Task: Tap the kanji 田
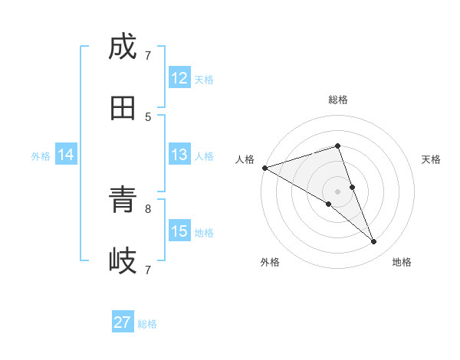coord(123,108)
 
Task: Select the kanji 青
coord(123,201)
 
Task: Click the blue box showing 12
coord(179,78)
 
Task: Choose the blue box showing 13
coord(179,155)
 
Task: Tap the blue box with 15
coord(179,231)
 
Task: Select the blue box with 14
coord(66,155)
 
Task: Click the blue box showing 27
coord(123,322)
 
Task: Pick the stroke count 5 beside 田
coord(148,116)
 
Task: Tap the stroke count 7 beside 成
coord(148,55)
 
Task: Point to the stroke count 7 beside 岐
coord(148,270)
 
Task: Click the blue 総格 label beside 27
coord(147,324)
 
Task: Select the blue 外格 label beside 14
coord(41,156)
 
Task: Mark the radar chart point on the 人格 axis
coord(264,167)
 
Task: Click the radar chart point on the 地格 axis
coord(374,242)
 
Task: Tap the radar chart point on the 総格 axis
coord(337,146)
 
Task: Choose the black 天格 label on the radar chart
coord(431,159)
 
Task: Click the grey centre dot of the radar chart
coord(337,191)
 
